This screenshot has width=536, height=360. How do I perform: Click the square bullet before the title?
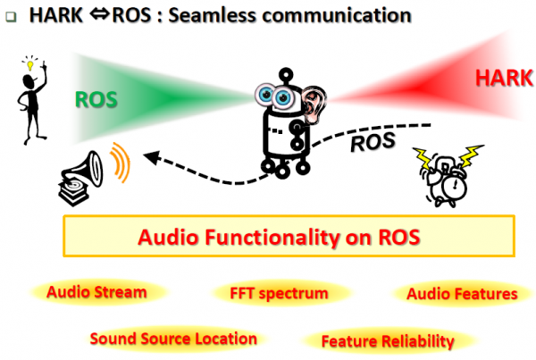tap(11, 16)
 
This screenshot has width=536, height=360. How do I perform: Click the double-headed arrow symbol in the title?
tap(99, 14)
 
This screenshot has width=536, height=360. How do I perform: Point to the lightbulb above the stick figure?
tap(30, 64)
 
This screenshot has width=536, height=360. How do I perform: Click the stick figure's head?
tap(29, 82)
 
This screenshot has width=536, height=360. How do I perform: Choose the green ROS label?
tap(96, 99)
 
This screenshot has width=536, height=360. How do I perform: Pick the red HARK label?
tap(504, 78)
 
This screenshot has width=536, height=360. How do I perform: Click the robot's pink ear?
tap(313, 104)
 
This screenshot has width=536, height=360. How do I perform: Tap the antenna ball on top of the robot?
tap(286, 74)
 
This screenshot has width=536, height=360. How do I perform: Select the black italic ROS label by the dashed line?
tap(373, 141)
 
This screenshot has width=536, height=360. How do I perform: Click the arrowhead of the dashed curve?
tap(152, 157)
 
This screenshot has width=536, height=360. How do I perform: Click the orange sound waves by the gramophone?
tap(121, 162)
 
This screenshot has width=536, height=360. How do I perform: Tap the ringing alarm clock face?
tap(454, 187)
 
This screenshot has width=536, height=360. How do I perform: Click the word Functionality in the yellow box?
tap(269, 237)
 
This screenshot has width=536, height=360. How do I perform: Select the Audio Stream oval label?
tap(96, 292)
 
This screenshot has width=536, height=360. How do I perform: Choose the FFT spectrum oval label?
tap(279, 293)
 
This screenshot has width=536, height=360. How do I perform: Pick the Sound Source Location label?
tap(173, 339)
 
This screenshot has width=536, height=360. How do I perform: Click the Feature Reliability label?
tap(388, 341)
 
